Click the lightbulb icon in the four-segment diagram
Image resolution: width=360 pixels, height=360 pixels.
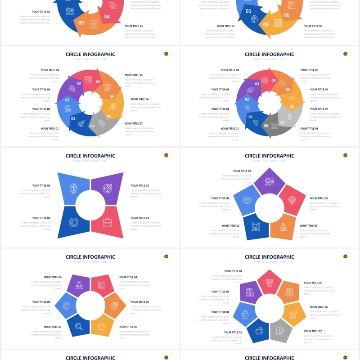tap(73, 188)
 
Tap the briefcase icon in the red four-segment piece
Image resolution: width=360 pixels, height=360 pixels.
tap(107, 222)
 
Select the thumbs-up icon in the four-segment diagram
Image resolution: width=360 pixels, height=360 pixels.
tap(73, 222)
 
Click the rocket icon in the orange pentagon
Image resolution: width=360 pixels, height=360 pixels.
tap(283, 227)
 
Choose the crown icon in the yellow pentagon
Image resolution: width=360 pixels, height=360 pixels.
tap(102, 327)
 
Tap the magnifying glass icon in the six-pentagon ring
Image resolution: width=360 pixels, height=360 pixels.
tap(79, 327)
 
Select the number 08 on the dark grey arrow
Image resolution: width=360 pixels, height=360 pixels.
tap(265, 126)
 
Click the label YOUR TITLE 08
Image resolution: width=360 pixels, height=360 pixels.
tap(309, 128)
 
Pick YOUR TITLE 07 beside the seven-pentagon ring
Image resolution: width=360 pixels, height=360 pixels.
tap(313, 331)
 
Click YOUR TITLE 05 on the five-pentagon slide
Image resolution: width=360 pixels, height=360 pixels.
tap(308, 225)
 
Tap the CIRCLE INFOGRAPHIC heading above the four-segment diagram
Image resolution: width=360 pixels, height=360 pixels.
tap(90, 156)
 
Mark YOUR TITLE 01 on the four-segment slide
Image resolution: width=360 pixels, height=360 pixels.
tap(41, 218)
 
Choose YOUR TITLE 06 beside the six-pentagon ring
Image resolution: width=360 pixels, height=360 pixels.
tap(128, 327)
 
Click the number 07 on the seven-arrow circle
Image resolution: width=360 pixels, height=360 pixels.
tap(93, 126)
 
